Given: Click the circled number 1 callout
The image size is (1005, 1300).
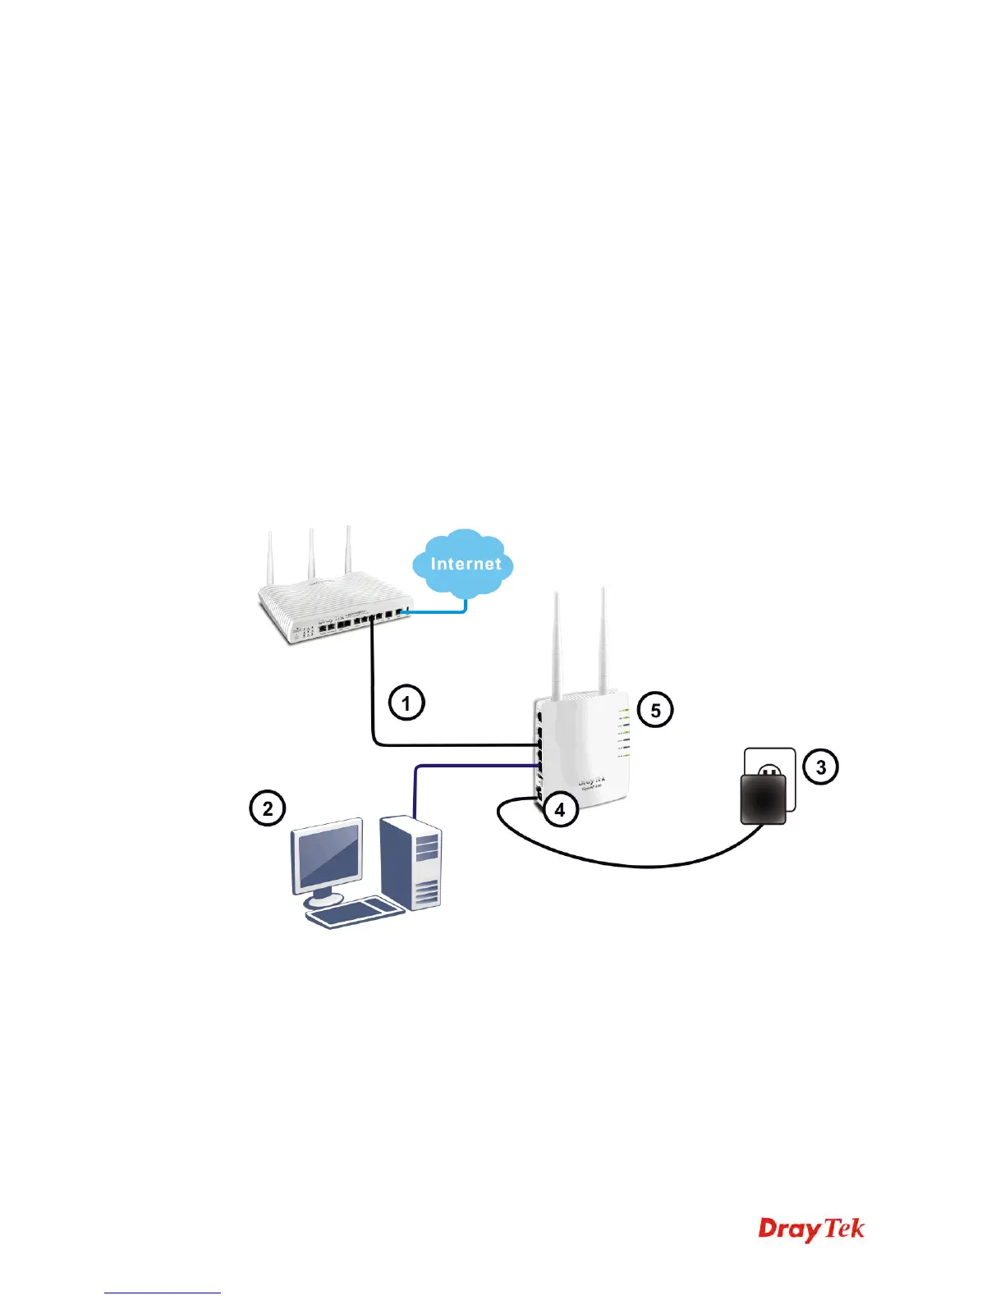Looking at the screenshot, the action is [406, 703].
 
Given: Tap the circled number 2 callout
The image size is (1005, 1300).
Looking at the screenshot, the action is [267, 808].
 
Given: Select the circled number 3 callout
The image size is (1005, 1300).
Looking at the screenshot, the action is [820, 767].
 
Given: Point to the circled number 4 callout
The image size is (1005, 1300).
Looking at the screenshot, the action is [559, 810].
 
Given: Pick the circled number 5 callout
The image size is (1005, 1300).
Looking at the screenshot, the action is [655, 710].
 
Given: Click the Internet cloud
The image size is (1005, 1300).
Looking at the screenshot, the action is [464, 563].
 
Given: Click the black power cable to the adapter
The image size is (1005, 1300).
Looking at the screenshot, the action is [649, 864].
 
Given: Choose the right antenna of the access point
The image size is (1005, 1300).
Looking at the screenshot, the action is [603, 640].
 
